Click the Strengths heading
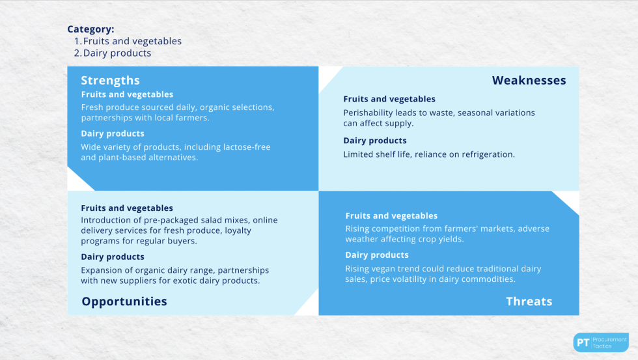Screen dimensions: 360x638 [x=110, y=81]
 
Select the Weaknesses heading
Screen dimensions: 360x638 [x=529, y=81]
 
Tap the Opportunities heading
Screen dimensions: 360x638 [x=124, y=301]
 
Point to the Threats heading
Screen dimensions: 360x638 [x=529, y=301]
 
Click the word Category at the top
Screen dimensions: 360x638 [x=90, y=29]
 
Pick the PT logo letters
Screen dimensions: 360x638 [x=583, y=343]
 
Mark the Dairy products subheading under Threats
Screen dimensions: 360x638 [x=377, y=255]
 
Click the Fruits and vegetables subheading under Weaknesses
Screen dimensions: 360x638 [x=389, y=99]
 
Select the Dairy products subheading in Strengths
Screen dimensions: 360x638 [x=113, y=133]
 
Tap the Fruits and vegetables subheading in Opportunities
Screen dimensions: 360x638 [x=127, y=208]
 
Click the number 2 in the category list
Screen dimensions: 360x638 [x=77, y=53]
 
